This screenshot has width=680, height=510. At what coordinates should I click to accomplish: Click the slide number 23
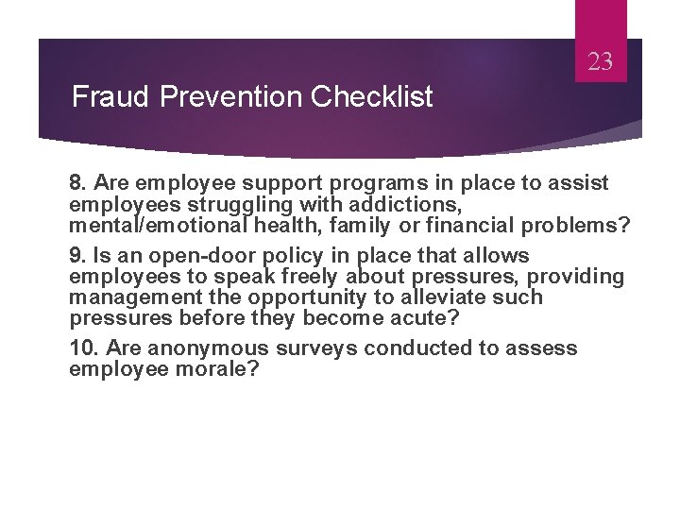tap(601, 63)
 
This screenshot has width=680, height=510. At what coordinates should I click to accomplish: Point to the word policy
tap(292, 256)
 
